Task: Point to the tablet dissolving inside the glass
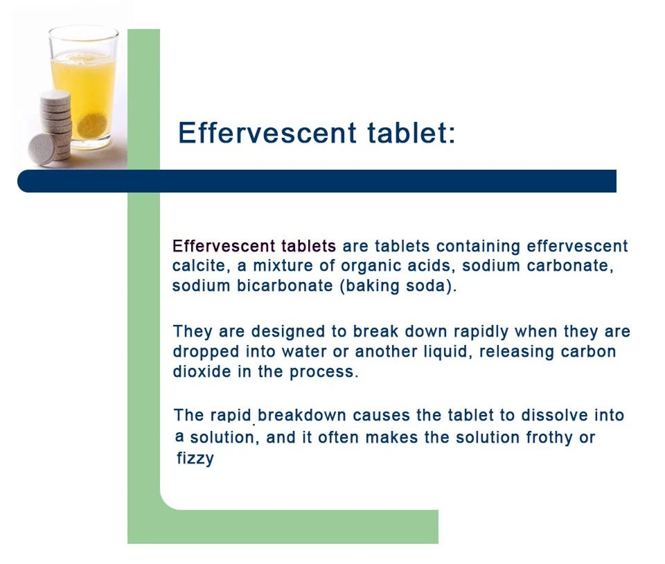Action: coord(91,125)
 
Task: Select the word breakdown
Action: coord(302,416)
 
